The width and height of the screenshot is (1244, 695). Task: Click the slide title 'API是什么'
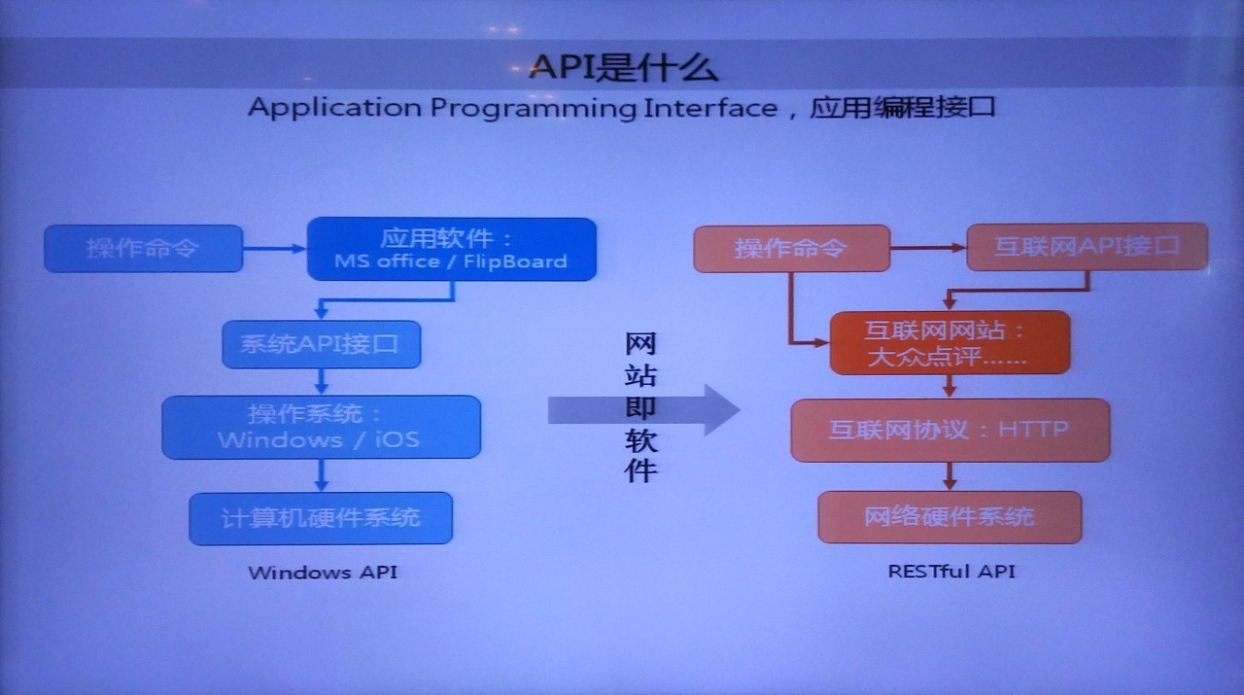click(x=623, y=68)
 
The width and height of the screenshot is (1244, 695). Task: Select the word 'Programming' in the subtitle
click(x=533, y=108)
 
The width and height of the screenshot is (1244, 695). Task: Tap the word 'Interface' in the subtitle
click(x=710, y=107)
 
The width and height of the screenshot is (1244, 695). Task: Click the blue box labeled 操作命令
click(x=143, y=248)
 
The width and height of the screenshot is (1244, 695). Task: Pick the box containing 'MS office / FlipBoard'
click(x=452, y=249)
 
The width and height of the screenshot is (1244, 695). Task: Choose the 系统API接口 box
click(x=321, y=344)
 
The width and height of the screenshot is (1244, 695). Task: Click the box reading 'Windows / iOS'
click(x=321, y=427)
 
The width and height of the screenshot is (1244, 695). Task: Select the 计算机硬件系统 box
click(x=321, y=518)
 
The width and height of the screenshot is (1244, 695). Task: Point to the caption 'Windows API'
click(x=323, y=573)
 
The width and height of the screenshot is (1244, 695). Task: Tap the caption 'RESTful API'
click(x=951, y=572)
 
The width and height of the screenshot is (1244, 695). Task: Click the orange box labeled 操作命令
click(x=791, y=248)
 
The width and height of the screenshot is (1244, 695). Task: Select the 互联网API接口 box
click(x=1087, y=247)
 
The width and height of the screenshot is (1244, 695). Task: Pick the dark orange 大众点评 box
click(x=950, y=342)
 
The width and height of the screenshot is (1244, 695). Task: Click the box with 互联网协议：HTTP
click(x=950, y=430)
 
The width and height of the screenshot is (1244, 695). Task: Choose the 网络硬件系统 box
click(x=950, y=517)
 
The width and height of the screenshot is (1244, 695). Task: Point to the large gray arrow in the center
click(x=644, y=410)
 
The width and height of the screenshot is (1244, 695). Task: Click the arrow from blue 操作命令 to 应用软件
click(x=275, y=248)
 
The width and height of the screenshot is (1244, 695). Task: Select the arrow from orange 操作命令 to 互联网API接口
click(x=928, y=248)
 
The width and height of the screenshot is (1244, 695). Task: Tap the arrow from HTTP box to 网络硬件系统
click(x=950, y=476)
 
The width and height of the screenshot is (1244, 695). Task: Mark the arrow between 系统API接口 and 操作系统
click(x=321, y=381)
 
